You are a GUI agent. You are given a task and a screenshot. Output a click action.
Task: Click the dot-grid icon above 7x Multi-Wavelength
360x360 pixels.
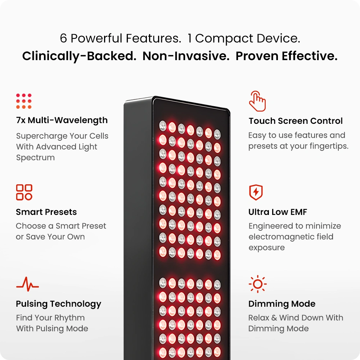coord(24,101)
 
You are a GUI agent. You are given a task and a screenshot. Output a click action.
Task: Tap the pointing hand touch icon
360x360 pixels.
coord(258,101)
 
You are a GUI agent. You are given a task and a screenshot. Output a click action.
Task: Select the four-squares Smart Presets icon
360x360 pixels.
coord(24,192)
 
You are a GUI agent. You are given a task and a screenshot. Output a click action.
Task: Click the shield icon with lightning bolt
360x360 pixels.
coord(256,192)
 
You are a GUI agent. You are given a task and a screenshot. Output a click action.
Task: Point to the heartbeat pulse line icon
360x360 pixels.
coord(28,284)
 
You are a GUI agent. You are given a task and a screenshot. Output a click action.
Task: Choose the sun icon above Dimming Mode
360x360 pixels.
coord(258,284)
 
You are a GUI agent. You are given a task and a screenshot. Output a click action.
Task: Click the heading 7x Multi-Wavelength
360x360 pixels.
coord(62,120)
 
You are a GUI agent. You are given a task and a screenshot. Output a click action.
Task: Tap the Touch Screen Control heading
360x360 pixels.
coord(296,121)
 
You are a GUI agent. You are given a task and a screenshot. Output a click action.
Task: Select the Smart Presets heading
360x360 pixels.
coord(46,212)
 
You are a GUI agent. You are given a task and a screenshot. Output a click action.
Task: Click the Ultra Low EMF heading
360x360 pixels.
coord(278,212)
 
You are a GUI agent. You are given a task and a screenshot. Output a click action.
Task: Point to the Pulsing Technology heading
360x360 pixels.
coord(59,304)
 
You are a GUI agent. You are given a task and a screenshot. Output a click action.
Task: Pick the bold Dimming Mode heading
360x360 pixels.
coord(282,304)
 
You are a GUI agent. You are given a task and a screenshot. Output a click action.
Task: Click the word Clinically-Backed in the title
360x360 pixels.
coord(79,56)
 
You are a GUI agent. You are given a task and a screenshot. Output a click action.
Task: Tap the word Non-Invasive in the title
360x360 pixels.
coord(186,56)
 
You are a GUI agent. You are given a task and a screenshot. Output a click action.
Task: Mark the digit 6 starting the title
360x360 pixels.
coord(63,38)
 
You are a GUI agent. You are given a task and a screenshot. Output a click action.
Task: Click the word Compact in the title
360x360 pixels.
coord(224,39)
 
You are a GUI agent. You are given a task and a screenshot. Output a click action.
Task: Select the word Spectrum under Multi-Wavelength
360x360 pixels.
coord(35,158)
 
